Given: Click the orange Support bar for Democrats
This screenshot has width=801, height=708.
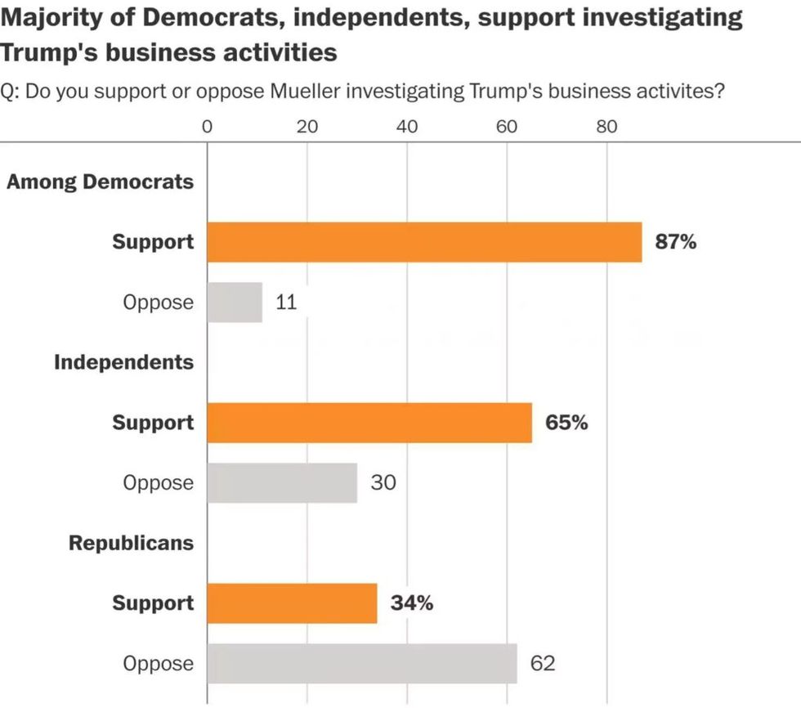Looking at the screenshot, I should point(424,242).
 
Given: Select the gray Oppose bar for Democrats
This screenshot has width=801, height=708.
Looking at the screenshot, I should point(235,302).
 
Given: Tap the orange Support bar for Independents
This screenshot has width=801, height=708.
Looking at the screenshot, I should point(369,423).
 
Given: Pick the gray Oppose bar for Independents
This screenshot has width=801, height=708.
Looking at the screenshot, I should point(282,483).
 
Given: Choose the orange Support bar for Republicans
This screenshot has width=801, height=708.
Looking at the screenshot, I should point(292,603).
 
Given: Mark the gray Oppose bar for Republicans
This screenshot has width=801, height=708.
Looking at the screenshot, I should point(362,663).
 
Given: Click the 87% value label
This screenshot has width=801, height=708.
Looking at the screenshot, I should point(675,242).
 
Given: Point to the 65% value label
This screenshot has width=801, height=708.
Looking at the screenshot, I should point(566,423).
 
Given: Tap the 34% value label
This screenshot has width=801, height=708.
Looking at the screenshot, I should point(411,603).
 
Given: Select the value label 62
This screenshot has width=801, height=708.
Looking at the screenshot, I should point(543,663).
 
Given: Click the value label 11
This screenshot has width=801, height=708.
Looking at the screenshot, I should point(285,302).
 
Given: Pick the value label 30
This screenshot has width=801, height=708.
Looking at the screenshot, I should point(383,483).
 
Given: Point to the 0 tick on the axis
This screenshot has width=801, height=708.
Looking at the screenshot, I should point(207,127).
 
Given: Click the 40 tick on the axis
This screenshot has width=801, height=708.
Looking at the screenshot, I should point(407,127).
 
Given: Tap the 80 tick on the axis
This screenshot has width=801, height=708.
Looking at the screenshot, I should point(606,127).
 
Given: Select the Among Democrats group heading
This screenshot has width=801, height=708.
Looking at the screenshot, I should point(101,181).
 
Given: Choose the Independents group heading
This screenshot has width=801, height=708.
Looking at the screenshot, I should point(124,362).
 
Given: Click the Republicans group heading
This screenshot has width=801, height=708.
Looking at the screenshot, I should point(132,543).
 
